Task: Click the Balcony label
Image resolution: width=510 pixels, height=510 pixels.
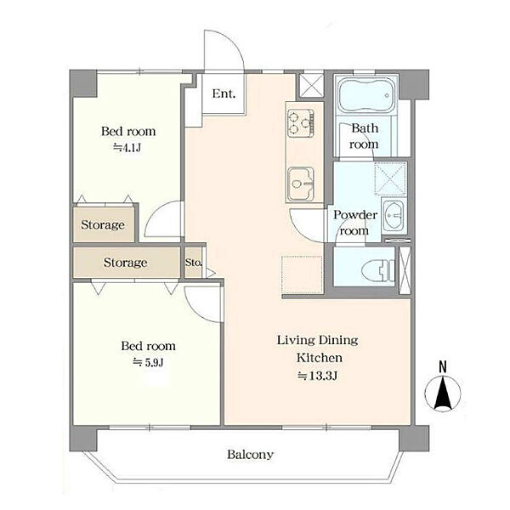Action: tap(250, 454)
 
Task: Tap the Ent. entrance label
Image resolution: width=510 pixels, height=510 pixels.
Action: tap(224, 93)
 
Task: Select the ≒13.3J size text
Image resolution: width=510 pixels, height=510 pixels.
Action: tap(318, 376)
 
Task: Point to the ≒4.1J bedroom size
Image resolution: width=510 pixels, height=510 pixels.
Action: tap(127, 148)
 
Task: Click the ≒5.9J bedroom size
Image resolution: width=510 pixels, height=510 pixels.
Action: tap(148, 362)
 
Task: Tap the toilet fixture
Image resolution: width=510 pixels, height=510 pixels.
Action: tap(378, 269)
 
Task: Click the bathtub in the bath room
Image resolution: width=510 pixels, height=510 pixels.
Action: tap(365, 95)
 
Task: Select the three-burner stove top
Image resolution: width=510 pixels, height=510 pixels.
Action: tap(301, 123)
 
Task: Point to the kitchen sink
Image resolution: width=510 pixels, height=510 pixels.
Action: tap(301, 184)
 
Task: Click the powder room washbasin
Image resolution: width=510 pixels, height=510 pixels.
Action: tap(394, 216)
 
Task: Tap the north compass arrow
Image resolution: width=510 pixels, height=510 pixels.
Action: tap(443, 392)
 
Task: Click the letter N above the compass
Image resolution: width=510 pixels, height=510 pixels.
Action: tap(443, 367)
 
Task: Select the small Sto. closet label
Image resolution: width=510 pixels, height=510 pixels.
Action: tap(194, 262)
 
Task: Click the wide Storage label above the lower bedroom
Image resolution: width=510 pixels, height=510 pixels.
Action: tap(125, 262)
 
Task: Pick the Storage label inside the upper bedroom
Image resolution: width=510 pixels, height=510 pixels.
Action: tap(103, 224)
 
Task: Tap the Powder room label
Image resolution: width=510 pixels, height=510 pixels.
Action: tap(354, 223)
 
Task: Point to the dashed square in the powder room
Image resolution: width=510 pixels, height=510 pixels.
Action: tap(390, 178)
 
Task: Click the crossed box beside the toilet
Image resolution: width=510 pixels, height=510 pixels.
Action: tap(405, 270)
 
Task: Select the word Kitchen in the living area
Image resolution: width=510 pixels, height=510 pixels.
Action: tap(319, 358)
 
